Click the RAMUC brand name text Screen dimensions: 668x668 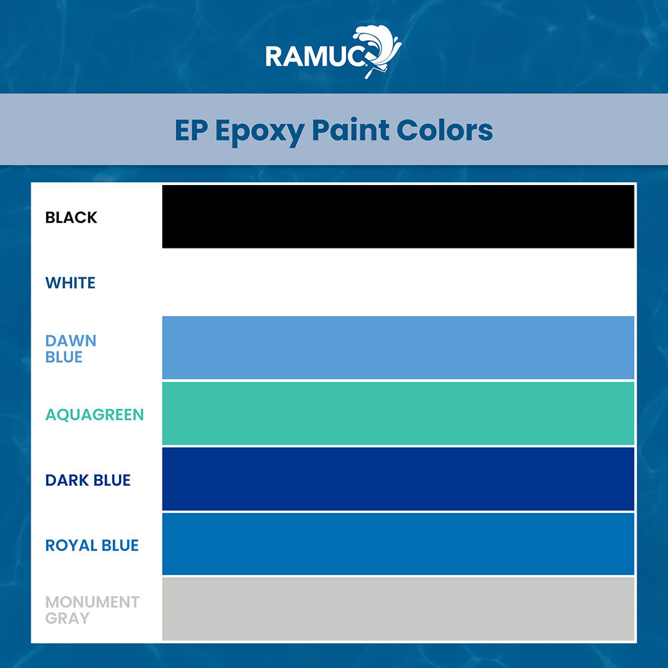tap(315, 55)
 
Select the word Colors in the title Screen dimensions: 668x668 tap(444, 130)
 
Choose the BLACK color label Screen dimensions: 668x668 tap(71, 217)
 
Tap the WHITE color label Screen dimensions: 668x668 tap(70, 283)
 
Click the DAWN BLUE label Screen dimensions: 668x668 tap(71, 349)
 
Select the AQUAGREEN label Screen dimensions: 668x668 tap(94, 415)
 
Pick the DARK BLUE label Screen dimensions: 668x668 tap(88, 480)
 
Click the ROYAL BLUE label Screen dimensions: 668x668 tap(92, 545)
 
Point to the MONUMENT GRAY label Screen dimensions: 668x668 tap(92, 610)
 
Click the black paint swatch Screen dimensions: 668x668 tap(397, 216)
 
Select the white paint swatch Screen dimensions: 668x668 tap(397, 282)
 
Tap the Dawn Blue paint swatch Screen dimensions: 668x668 tap(397, 347)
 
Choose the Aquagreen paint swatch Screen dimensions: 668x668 tap(397, 413)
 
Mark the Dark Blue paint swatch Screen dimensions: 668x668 tap(397, 478)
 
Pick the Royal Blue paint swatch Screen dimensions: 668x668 tap(397, 544)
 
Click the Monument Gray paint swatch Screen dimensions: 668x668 tap(397, 609)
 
